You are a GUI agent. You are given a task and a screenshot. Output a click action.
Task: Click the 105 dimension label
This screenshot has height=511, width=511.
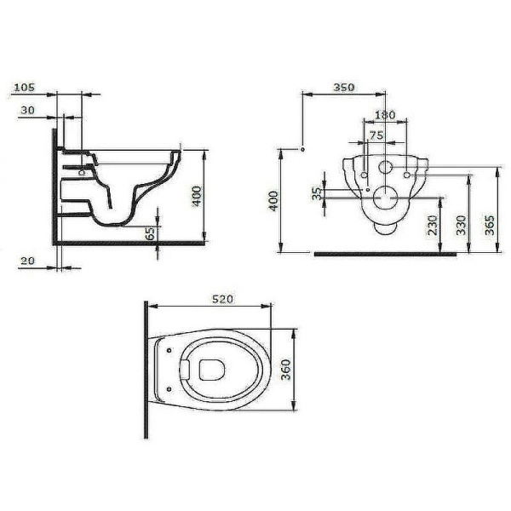tap(25, 87)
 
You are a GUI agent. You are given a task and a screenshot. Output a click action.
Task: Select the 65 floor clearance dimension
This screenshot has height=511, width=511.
tap(150, 233)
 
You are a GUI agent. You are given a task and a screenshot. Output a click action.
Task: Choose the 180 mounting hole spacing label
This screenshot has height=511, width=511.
tap(385, 114)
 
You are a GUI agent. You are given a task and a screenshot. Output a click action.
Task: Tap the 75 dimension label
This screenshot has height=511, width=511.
tap(376, 134)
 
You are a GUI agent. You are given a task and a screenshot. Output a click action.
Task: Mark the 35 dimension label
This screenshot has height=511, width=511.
tap(318, 194)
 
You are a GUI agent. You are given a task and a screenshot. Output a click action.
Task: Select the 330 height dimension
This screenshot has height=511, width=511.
tap(461, 225)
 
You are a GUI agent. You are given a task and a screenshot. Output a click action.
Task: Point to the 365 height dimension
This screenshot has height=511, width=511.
tap(490, 225)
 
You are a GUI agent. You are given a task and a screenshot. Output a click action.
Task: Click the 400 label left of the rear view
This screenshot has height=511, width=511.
tap(273, 201)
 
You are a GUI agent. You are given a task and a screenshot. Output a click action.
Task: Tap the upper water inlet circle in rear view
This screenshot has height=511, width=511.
tap(385, 168)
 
